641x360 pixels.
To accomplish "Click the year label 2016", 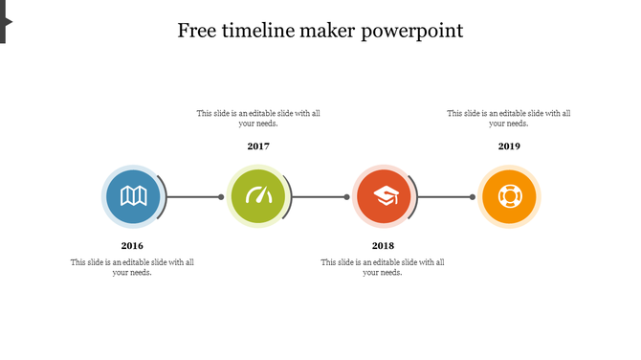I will click(132, 246).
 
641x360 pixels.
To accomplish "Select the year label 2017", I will click(258, 146).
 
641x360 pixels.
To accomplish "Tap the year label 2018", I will click(383, 246).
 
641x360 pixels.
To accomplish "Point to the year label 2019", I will click(509, 146).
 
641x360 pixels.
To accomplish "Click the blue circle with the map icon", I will click(132, 196).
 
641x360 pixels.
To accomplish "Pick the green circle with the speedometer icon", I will click(258, 196).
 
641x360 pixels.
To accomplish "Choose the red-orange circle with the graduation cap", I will click(384, 196).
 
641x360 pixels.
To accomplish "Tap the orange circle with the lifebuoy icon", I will click(509, 196).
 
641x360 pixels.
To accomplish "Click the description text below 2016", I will click(132, 267).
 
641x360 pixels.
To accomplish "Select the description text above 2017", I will click(258, 118).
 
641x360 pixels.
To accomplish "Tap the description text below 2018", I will click(383, 267).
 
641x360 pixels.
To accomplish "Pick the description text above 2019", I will click(509, 118).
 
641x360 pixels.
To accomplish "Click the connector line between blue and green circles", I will click(194, 197).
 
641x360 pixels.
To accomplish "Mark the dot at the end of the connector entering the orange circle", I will click(473, 197).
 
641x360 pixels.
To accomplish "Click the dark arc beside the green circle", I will click(289, 196).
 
